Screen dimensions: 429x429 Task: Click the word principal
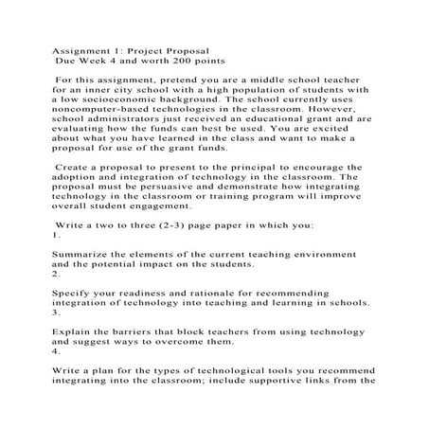tap(282, 167)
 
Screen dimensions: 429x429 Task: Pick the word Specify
tap(70, 294)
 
